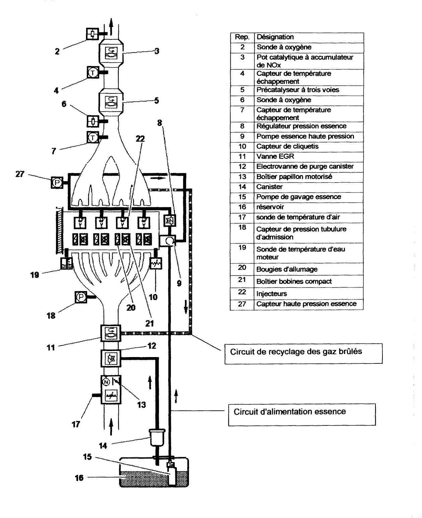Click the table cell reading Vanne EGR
click(x=308, y=156)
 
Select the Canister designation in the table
click(x=308, y=187)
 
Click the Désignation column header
click(x=309, y=37)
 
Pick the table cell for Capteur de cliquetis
click(x=308, y=147)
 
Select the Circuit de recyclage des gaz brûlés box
click(x=303, y=354)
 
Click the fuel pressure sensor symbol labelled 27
click(x=57, y=183)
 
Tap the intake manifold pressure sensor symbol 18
click(x=81, y=297)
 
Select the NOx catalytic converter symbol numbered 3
click(x=111, y=54)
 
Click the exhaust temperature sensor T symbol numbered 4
click(x=93, y=72)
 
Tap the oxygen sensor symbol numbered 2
click(x=93, y=34)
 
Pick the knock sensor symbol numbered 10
click(x=156, y=263)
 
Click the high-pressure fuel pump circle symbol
click(x=169, y=241)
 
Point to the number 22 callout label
click(x=140, y=139)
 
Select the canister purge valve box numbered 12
click(x=111, y=358)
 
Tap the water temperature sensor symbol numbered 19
click(x=66, y=263)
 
